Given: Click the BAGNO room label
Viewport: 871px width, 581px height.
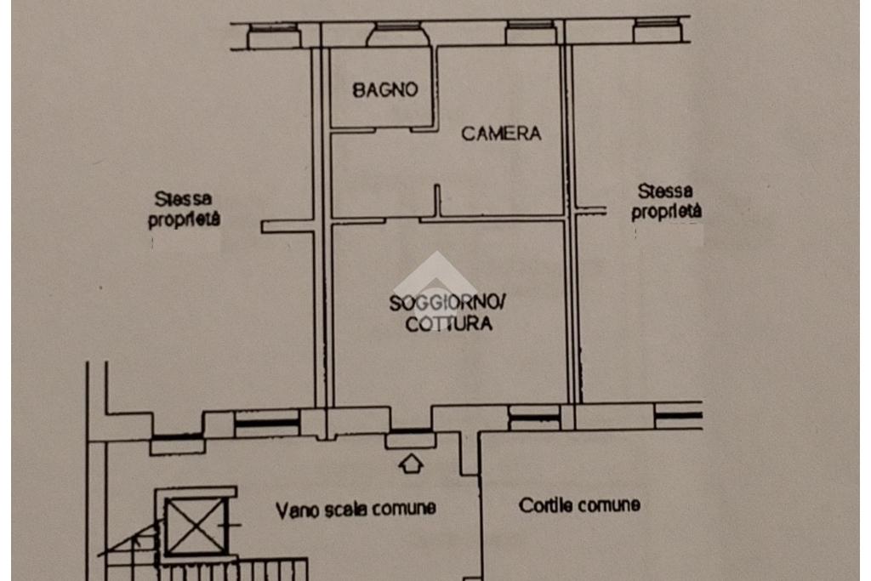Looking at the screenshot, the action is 385,89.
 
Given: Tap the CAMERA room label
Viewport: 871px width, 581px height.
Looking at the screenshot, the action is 501,133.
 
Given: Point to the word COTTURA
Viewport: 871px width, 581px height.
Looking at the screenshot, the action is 448,324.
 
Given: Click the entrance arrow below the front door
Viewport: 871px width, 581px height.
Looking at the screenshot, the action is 411,463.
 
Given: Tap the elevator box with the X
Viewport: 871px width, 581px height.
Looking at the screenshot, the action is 196,525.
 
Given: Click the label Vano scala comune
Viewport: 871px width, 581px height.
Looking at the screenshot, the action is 356,509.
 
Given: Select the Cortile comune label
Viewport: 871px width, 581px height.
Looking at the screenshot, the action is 579,505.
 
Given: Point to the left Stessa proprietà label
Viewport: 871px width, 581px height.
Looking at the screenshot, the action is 185,208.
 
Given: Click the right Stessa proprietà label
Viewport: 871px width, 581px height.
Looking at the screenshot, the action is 666,202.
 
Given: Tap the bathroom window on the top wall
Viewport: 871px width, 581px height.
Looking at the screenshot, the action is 398,35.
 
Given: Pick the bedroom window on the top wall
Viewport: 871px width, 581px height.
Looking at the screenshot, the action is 531,33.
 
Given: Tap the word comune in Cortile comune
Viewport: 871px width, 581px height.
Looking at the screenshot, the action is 609,505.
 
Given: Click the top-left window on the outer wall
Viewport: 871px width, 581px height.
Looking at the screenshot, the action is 273,37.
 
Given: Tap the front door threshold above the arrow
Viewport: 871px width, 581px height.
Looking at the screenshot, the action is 410,439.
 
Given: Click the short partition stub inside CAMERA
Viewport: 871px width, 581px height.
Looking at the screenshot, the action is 437,200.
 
